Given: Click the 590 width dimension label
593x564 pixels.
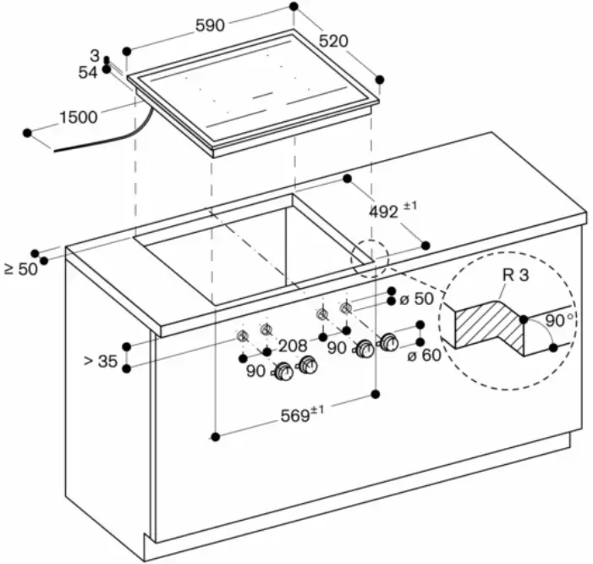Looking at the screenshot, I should point(210,26).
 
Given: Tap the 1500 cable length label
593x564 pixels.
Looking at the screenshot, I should point(78,118).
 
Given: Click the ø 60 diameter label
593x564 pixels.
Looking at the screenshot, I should point(424,355).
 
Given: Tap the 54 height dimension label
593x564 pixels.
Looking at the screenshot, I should point(88,73).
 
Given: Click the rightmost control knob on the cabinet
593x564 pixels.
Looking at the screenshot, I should point(389,342).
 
